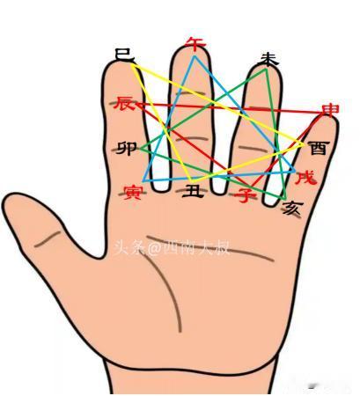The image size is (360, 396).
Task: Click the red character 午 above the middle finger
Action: [x=195, y=44]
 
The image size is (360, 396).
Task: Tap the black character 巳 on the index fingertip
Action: [x=124, y=55]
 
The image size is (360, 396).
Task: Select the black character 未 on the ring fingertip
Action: [x=268, y=60]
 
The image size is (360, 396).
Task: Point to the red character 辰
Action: [x=125, y=103]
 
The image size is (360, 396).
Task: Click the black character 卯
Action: [x=127, y=149]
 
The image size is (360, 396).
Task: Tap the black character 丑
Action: [x=193, y=191]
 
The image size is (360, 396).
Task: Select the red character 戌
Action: [x=306, y=178]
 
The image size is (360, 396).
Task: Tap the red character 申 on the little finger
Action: [x=330, y=110]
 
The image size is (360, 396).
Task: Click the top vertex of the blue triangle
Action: [x=195, y=55]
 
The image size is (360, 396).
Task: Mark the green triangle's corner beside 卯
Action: [x=140, y=149]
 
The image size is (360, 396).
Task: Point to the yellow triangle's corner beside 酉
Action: [x=303, y=143]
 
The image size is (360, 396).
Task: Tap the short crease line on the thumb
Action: [x=48, y=239]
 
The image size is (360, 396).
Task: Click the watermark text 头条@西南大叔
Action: [x=171, y=248]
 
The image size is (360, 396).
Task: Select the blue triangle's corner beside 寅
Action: [x=143, y=181]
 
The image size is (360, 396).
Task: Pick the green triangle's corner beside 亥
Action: [x=285, y=200]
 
